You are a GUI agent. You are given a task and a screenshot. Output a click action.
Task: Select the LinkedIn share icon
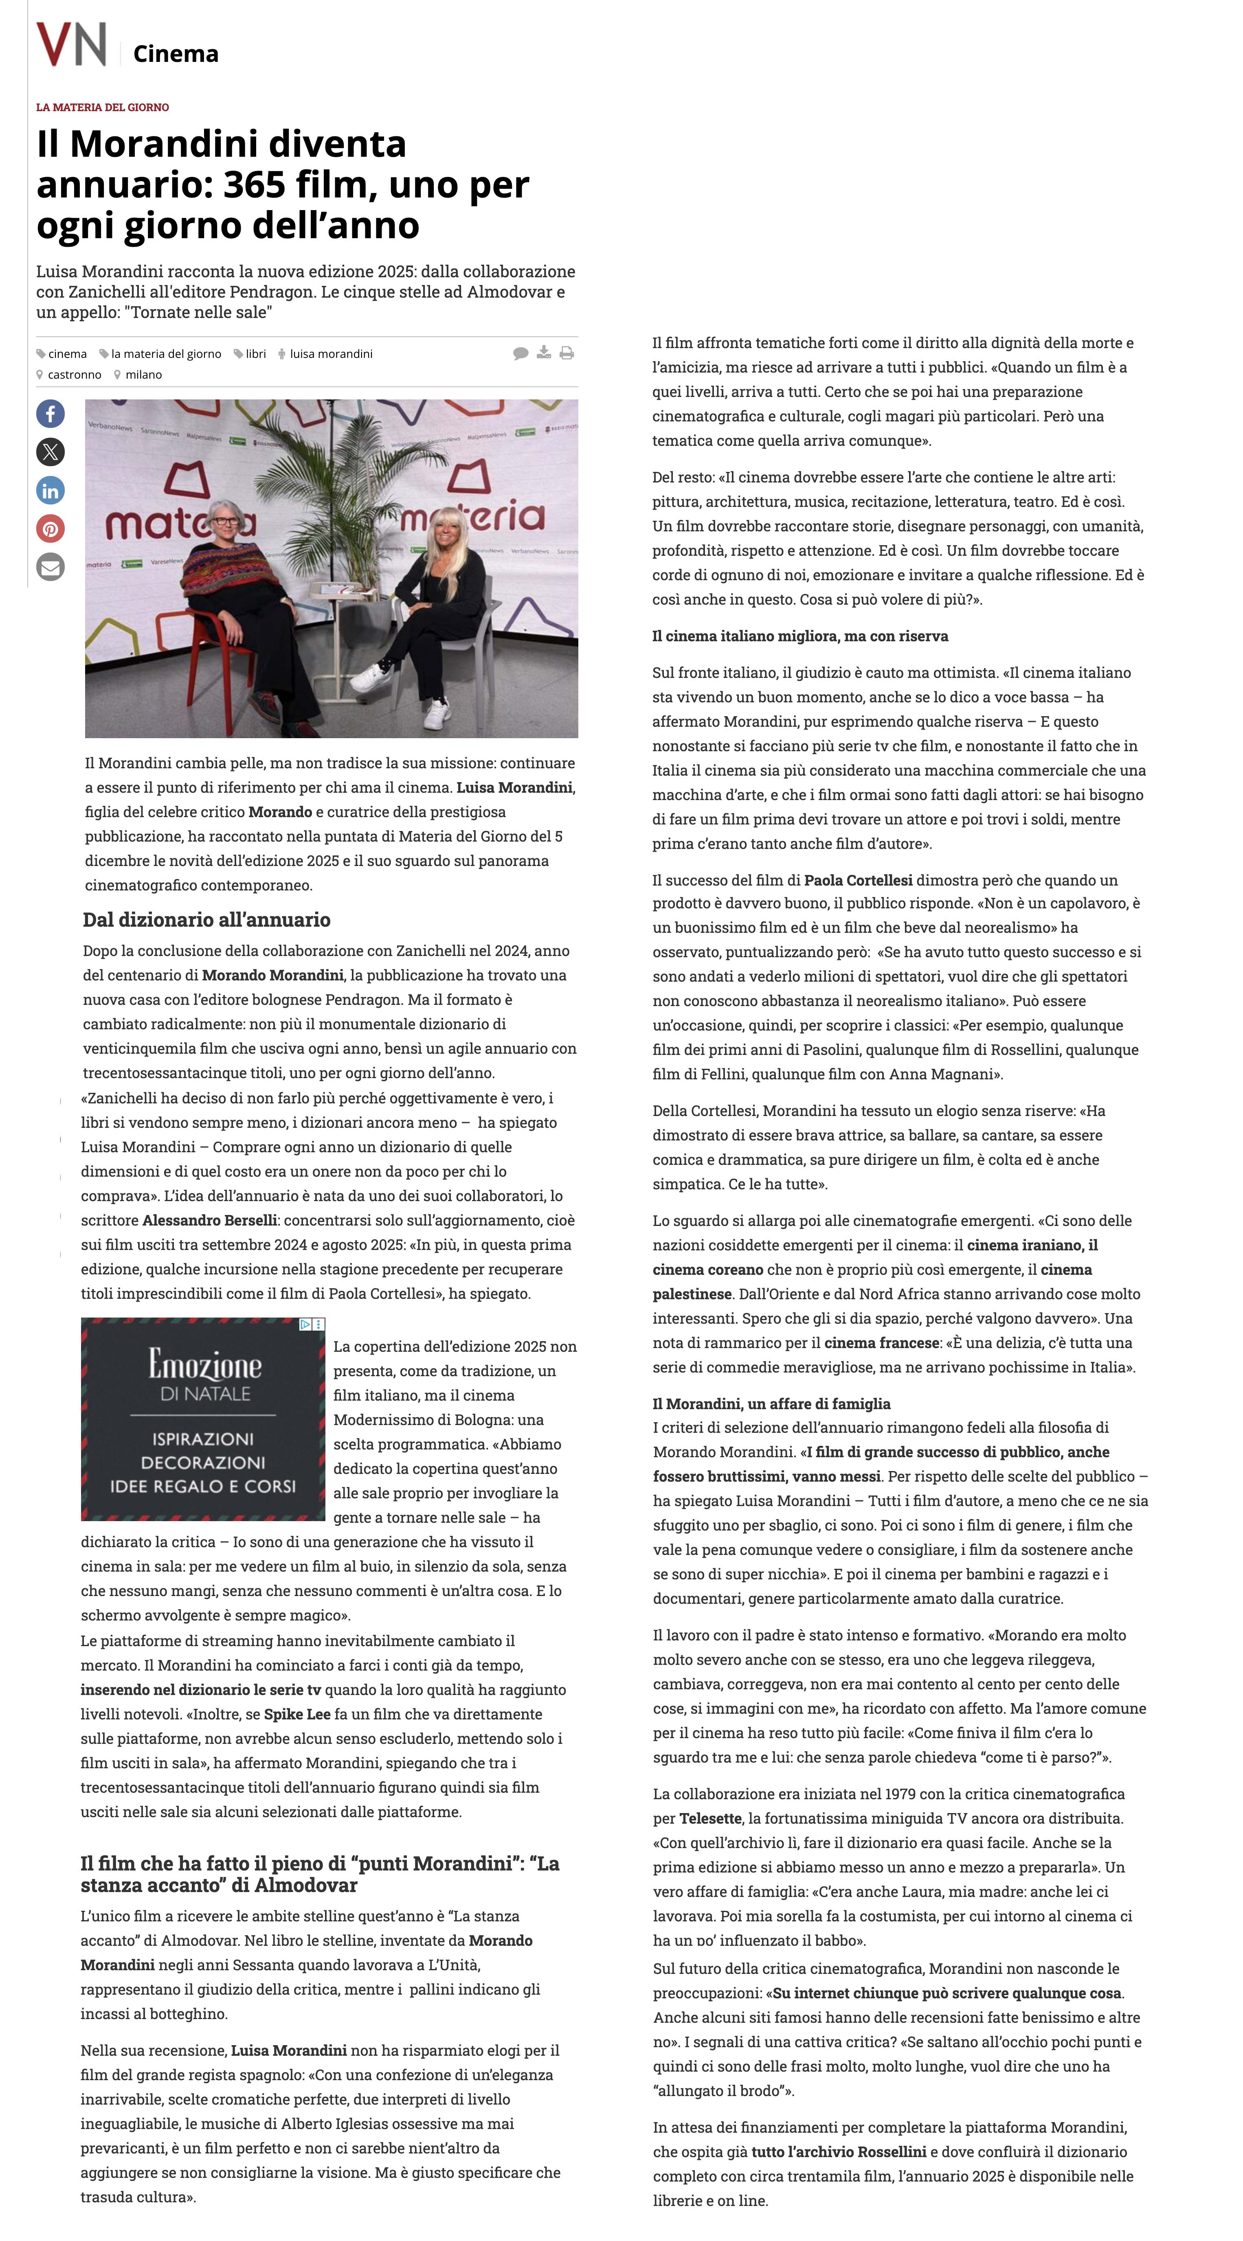pos(51,491)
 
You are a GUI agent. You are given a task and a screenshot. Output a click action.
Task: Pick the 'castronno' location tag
pos(74,375)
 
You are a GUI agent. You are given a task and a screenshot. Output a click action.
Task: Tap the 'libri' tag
pos(255,354)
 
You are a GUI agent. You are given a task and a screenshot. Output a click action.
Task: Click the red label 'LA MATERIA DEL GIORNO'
pos(103,107)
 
